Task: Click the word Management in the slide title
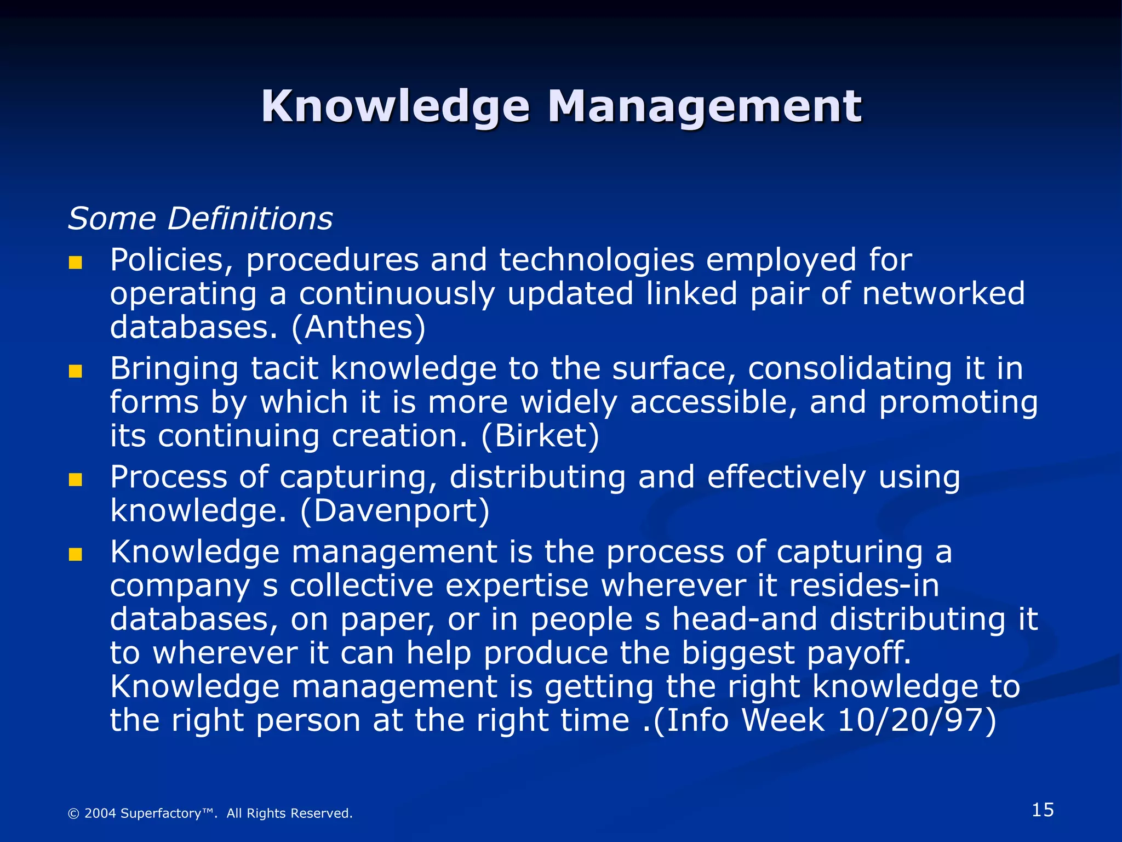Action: [x=705, y=106]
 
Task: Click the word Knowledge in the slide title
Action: [x=396, y=106]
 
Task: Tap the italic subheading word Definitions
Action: [x=250, y=219]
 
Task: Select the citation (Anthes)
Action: [x=358, y=327]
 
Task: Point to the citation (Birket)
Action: [x=540, y=436]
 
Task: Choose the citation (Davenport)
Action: [x=395, y=511]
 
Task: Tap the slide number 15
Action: [x=1043, y=810]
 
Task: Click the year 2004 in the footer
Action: [x=100, y=813]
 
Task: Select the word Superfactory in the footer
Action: [x=161, y=813]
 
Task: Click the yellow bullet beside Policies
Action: [x=75, y=263]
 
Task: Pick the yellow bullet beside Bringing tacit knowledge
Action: [x=75, y=372]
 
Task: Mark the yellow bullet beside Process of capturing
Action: [x=75, y=480]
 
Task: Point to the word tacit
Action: [x=284, y=368]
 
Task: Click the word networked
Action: [x=943, y=293]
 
